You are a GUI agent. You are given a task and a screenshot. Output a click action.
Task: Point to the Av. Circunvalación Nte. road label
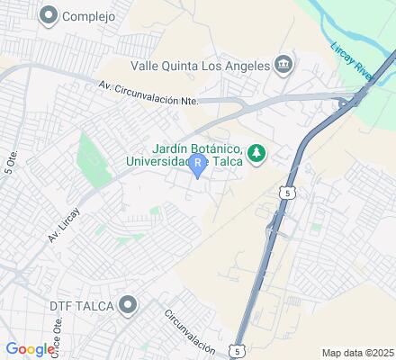point(149,94)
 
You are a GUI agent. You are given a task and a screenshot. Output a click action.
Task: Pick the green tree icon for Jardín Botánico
point(256,153)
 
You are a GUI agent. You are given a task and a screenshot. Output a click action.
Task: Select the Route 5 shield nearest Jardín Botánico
point(285,193)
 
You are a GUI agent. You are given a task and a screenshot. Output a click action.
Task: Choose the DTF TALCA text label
point(81,306)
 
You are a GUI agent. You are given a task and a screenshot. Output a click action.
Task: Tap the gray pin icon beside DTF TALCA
point(129,306)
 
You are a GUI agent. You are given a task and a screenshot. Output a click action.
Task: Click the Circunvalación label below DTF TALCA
point(190,332)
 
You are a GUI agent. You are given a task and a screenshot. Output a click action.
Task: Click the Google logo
point(30,349)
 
